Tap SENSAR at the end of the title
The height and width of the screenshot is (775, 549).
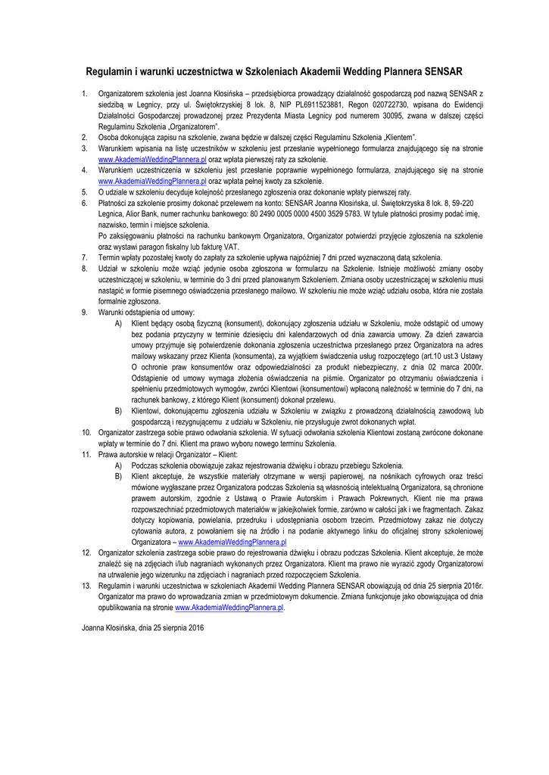click(x=443, y=72)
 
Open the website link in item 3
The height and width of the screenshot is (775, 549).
click(x=152, y=160)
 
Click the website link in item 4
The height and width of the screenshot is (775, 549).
click(x=152, y=182)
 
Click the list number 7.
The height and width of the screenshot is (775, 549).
click(x=84, y=257)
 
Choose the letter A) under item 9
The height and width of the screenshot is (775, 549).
click(x=118, y=323)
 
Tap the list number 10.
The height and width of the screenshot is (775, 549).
click(x=86, y=432)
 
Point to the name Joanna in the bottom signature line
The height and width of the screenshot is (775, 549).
click(x=95, y=629)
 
